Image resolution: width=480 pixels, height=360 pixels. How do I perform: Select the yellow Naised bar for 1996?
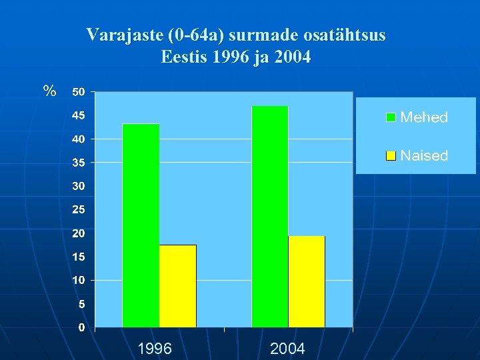(177, 286)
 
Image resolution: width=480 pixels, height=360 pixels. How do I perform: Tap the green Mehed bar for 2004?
(269, 217)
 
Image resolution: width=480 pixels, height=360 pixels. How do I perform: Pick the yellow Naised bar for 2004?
(306, 281)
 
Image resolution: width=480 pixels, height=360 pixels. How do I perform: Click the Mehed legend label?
(424, 118)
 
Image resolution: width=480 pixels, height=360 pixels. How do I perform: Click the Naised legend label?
(424, 156)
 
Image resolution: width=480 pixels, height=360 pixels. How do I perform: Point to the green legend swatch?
(391, 117)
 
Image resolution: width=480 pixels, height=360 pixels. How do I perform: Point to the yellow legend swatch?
(391, 156)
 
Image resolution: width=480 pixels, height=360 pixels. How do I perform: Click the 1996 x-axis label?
(155, 348)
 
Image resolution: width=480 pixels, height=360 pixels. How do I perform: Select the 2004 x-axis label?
(287, 348)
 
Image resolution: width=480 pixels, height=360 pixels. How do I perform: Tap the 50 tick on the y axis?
(79, 92)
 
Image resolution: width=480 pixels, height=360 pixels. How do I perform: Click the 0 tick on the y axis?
(81, 327)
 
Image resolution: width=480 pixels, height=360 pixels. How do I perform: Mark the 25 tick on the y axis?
(79, 210)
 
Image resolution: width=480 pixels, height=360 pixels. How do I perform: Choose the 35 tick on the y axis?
(79, 163)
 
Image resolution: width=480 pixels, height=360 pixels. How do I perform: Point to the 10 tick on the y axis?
(79, 281)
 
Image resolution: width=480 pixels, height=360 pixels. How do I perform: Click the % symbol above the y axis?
(49, 91)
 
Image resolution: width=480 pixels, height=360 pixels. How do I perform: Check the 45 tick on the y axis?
(79, 115)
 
